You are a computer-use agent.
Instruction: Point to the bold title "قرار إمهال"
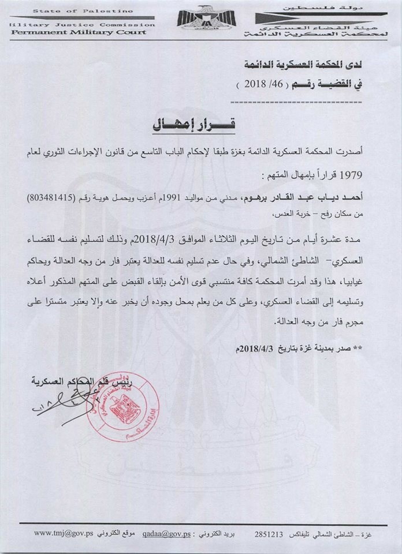tap(203, 123)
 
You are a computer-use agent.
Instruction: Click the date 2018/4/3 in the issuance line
tap(259, 350)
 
